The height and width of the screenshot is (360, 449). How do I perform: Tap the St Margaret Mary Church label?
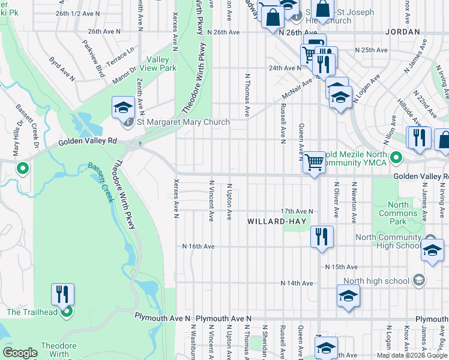click(x=183, y=122)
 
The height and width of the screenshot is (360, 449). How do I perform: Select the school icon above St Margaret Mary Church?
click(x=123, y=108)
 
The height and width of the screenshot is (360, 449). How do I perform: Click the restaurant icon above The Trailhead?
click(x=63, y=295)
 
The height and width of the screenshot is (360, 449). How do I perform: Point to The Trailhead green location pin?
click(x=67, y=312)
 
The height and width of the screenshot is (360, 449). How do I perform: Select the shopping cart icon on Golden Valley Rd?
click(x=315, y=162)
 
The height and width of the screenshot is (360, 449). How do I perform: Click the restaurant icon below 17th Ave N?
click(x=322, y=236)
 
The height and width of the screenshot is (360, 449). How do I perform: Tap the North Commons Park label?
click(x=398, y=213)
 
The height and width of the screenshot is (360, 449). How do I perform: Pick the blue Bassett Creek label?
click(x=100, y=182)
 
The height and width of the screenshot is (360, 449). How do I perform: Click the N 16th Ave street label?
click(x=198, y=247)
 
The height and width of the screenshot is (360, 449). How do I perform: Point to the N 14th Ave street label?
click(x=297, y=283)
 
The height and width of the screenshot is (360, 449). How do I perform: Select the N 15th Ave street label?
click(x=341, y=266)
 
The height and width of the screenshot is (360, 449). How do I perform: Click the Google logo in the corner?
click(x=20, y=352)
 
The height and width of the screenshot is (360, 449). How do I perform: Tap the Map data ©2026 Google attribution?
click(x=412, y=355)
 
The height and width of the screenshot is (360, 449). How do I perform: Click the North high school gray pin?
click(x=419, y=280)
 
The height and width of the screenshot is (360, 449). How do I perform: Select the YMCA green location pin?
click(x=395, y=158)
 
